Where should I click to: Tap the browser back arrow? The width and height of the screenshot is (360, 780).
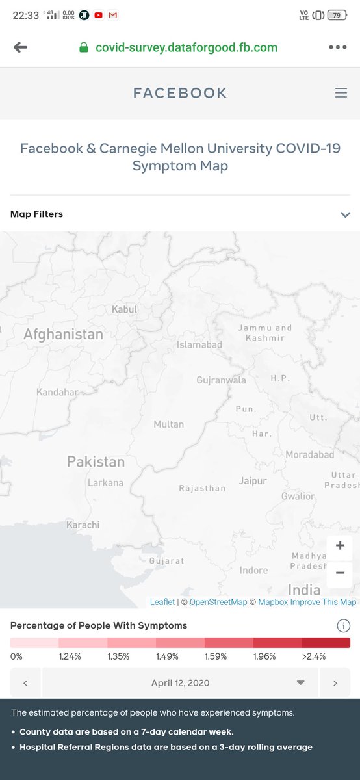click(x=21, y=47)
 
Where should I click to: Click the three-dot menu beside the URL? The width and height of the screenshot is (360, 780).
click(x=338, y=47)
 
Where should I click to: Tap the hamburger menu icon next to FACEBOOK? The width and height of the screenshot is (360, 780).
click(x=341, y=93)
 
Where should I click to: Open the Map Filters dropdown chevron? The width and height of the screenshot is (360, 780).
click(x=345, y=214)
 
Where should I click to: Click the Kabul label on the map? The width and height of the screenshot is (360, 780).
click(x=124, y=309)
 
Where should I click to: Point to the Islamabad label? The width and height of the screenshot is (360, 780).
click(x=199, y=344)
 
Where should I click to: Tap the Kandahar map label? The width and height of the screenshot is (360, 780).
click(x=57, y=393)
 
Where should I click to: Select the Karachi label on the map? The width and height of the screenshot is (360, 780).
click(x=83, y=525)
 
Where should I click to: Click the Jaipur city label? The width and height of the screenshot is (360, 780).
click(x=253, y=481)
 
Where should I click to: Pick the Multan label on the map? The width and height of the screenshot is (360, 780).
click(x=168, y=424)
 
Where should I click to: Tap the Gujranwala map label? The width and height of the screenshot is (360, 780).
click(x=222, y=380)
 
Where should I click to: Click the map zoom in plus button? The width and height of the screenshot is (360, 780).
click(x=340, y=545)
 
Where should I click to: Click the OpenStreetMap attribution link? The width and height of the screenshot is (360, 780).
click(x=218, y=602)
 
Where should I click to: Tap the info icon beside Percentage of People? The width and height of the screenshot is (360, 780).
click(x=343, y=626)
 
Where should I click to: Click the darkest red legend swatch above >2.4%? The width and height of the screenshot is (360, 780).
click(x=326, y=642)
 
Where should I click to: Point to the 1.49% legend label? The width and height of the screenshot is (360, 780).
click(x=168, y=656)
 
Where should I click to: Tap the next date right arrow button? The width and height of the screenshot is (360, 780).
click(x=335, y=683)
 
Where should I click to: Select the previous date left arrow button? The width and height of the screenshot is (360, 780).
click(x=25, y=683)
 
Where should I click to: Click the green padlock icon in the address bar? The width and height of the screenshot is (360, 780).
click(x=83, y=47)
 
